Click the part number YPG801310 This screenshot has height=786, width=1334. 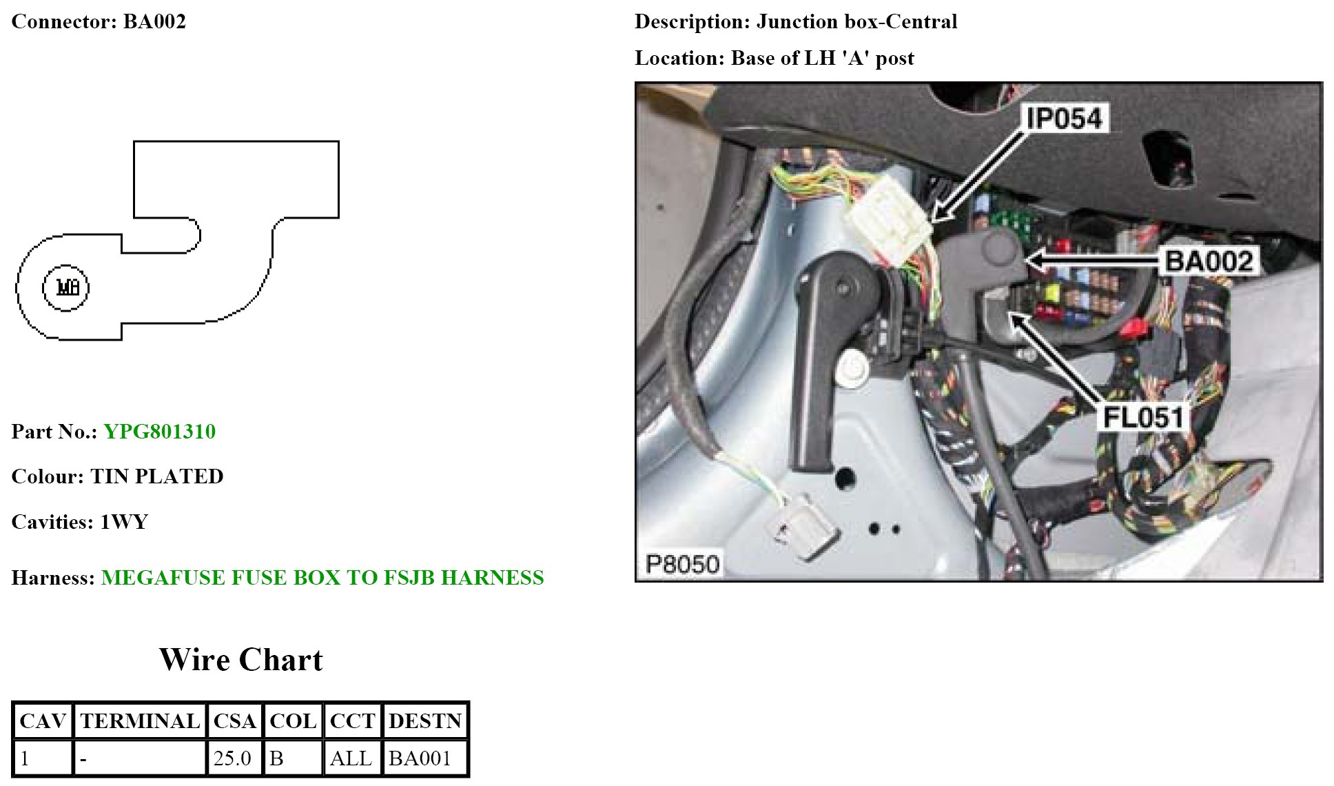(159, 432)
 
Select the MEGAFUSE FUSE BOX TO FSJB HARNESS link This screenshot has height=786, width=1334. (322, 578)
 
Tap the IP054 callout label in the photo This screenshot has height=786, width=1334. (1064, 119)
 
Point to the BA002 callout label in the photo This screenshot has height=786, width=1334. (1208, 261)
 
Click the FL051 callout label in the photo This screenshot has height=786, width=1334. (1143, 417)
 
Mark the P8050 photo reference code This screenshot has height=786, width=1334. (682, 564)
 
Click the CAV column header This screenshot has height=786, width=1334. (43, 721)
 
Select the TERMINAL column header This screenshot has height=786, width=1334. (140, 721)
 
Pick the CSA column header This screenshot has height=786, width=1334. (234, 721)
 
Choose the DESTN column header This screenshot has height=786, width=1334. (425, 721)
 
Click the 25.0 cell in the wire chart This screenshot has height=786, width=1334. (232, 758)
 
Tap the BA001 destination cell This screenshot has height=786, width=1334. (420, 758)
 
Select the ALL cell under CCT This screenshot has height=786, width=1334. (351, 758)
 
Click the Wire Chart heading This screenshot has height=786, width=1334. (241, 660)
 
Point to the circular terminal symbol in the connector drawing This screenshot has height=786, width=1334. (66, 288)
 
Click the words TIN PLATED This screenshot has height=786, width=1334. (157, 476)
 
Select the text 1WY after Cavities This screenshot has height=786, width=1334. (124, 522)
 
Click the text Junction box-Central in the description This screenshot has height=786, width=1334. (856, 22)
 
